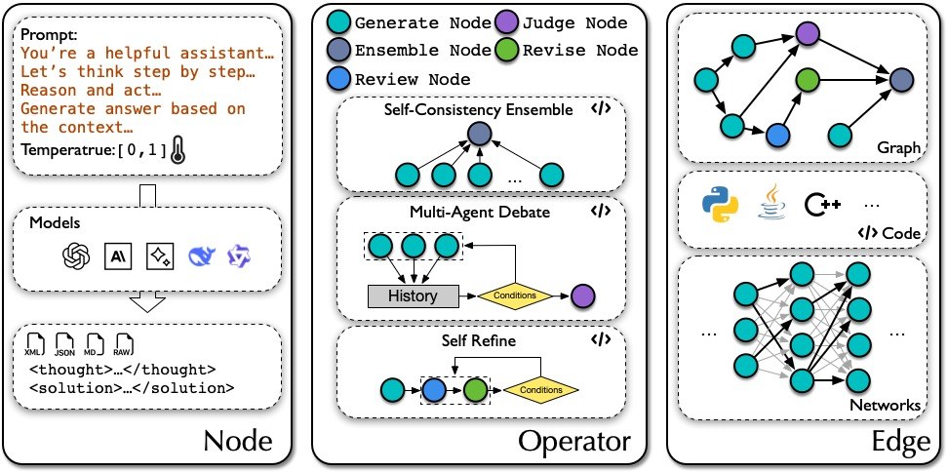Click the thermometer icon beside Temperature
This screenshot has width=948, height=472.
click(175, 150)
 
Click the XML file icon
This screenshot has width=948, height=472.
click(32, 344)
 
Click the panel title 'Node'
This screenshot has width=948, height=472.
click(237, 441)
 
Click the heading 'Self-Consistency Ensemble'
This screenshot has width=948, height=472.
click(477, 109)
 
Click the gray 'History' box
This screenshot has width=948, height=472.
click(414, 295)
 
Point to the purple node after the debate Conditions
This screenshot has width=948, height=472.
click(583, 295)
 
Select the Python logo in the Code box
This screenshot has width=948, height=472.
click(720, 207)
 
